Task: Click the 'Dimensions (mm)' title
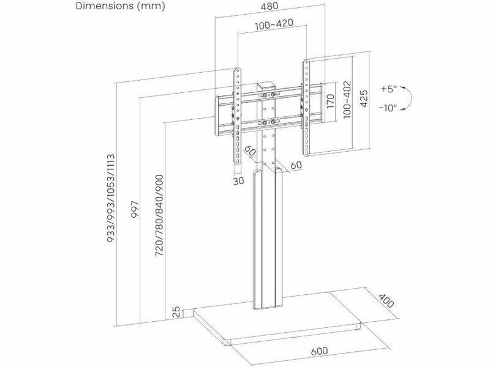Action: pyautogui.click(x=120, y=6)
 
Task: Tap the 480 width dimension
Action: pyautogui.click(x=269, y=6)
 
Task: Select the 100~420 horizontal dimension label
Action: pyautogui.click(x=274, y=24)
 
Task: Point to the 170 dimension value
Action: pyautogui.click(x=331, y=101)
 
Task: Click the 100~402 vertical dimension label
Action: pyautogui.click(x=347, y=100)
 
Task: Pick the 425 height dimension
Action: pyautogui.click(x=364, y=98)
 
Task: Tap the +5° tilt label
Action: pyautogui.click(x=389, y=89)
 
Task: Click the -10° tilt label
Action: pyautogui.click(x=388, y=108)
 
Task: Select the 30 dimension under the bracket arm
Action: pyautogui.click(x=238, y=181)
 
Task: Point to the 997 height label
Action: pyautogui.click(x=135, y=210)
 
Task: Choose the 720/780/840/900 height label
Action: pyautogui.click(x=159, y=216)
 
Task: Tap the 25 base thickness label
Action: pyautogui.click(x=176, y=312)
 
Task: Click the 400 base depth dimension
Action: pyautogui.click(x=386, y=300)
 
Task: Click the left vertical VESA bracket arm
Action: pyautogui.click(x=238, y=120)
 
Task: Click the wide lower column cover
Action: pyautogui.click(x=268, y=239)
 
